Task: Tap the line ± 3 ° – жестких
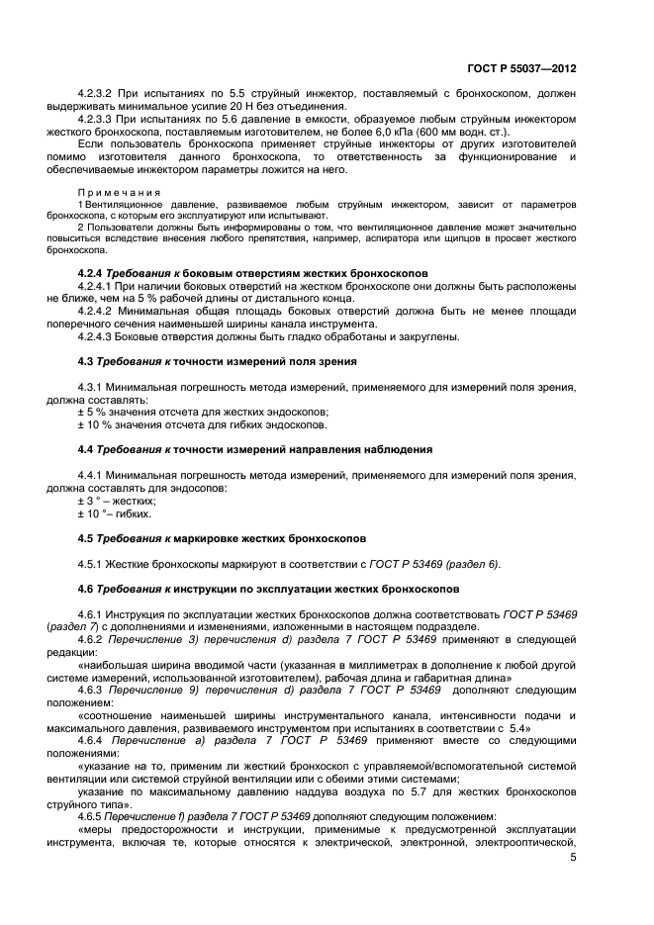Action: click(110, 501)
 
